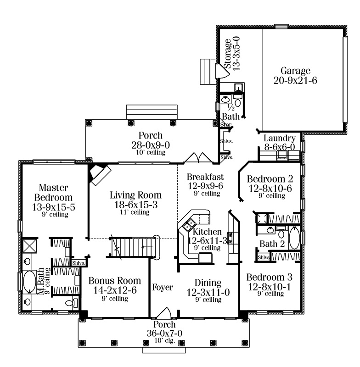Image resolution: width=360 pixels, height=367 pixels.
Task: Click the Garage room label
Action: tap(295, 71)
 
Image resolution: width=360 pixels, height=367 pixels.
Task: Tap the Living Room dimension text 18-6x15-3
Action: tap(136, 205)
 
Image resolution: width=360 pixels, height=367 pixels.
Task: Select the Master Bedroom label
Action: tap(53, 192)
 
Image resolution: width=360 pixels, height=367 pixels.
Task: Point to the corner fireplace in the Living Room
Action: tap(100, 174)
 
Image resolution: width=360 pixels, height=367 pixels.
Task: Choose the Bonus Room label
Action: tap(115, 281)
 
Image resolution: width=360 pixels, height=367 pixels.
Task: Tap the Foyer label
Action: tap(163, 287)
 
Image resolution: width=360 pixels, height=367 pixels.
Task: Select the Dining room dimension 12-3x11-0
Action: tap(208, 292)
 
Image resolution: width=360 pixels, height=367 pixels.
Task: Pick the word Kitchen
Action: tap(207, 232)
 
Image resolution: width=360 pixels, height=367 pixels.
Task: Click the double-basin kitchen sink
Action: tap(189, 225)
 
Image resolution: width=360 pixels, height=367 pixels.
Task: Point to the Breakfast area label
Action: tap(205, 177)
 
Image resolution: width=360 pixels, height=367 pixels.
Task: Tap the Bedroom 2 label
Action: tap(270, 179)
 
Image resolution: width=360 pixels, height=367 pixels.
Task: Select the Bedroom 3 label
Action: tap(270, 278)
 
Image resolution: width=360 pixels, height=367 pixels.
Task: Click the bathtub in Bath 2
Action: tap(294, 238)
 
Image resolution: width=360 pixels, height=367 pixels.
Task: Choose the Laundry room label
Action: tap(280, 139)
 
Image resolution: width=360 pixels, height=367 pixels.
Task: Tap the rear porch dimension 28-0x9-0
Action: tap(151, 145)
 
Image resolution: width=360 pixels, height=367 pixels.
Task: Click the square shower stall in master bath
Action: tap(30, 245)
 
